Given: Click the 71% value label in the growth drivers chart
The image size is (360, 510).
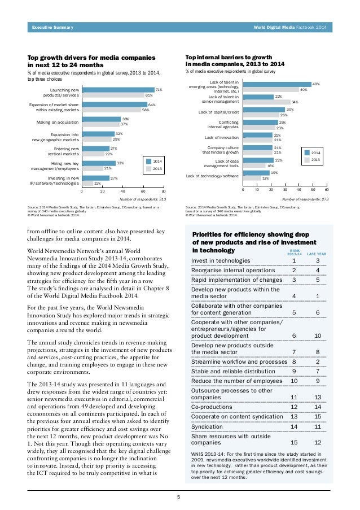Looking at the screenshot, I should pos(159,89).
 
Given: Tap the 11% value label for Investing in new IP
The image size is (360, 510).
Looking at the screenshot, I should pos(97,183).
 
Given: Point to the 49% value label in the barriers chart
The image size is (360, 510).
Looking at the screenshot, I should pos(316,84).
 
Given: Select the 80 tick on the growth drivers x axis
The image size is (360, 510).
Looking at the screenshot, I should pos(164,191).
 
